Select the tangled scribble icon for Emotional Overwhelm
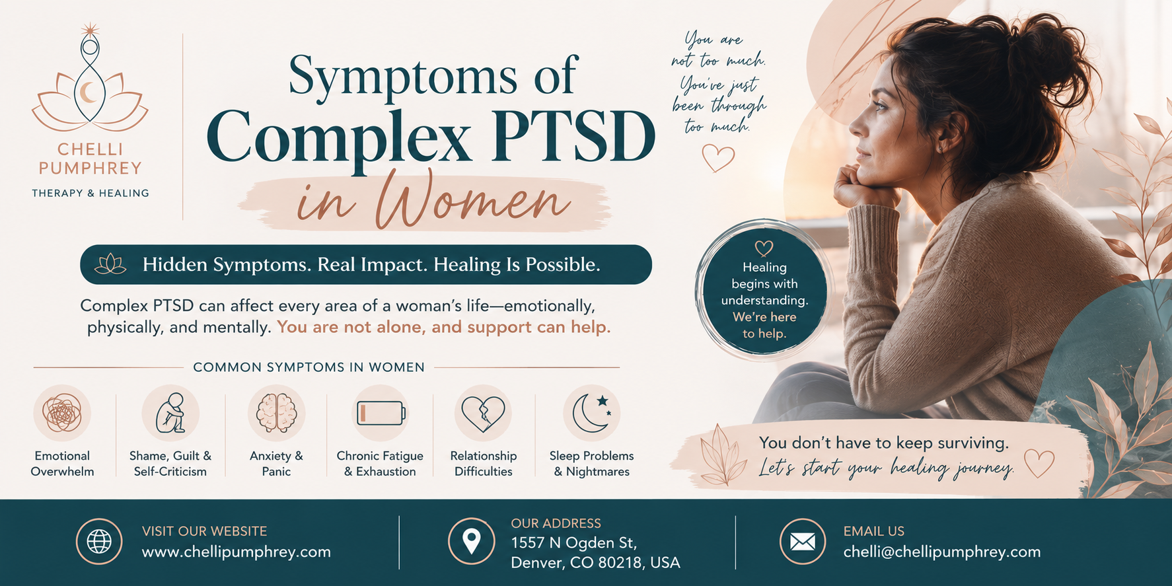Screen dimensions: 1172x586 62,413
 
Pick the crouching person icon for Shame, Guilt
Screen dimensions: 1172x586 170,413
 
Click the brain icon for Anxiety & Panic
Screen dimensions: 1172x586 276,413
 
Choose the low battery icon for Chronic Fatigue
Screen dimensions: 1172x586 381,413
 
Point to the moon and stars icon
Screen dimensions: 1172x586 591,413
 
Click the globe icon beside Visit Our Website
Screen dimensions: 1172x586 99,542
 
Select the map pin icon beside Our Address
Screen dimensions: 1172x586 471,541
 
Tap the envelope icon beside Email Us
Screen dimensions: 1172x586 803,542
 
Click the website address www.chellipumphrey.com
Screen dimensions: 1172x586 237,552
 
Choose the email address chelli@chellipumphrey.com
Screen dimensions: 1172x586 942,552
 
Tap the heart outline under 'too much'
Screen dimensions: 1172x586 718,158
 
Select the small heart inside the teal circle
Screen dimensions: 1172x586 764,248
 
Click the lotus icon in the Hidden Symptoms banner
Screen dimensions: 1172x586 110,264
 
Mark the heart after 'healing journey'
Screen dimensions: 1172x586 1039,463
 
